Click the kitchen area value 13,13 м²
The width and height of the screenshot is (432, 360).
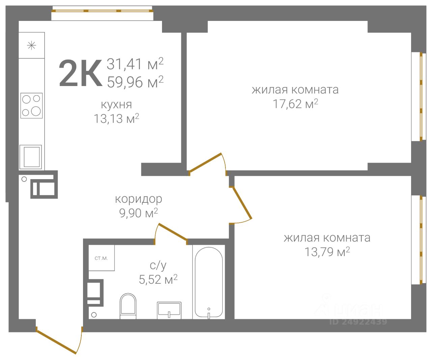pos(116,118)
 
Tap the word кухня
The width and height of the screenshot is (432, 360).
pos(116,105)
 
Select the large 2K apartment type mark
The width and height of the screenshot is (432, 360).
pos(80,73)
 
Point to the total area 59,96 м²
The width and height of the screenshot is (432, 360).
pos(135,82)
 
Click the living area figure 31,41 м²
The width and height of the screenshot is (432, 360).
pos(135,64)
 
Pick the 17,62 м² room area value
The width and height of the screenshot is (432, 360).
pos(295,104)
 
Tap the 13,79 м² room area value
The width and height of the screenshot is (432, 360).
pos(327,252)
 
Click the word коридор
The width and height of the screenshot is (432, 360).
pos(139,199)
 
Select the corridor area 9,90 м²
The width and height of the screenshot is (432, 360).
pos(138,213)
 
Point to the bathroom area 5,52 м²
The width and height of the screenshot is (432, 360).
pos(158,279)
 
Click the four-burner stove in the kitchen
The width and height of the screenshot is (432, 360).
pos(31,106)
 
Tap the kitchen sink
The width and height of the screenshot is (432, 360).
pos(31,157)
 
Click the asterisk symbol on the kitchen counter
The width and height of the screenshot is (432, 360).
pos(31,45)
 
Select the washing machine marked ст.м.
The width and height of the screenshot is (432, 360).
pos(102,258)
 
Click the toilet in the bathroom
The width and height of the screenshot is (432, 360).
pos(128,306)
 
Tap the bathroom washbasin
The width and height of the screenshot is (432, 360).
pos(169,310)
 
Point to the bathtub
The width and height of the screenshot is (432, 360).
pos(209,282)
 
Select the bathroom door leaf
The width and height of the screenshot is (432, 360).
pos(173,232)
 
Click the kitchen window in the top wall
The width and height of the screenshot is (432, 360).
pos(102,11)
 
